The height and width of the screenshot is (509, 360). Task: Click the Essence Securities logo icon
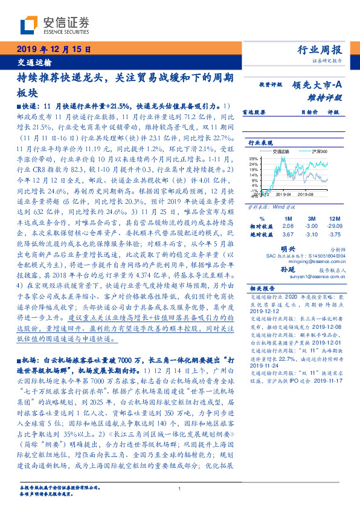click(30, 25)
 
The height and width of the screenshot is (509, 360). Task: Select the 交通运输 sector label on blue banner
click(34, 62)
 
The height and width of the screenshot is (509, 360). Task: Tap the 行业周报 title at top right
click(320, 50)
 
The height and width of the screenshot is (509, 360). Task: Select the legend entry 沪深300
click(318, 151)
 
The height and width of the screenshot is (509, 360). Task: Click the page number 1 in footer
click(180, 489)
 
